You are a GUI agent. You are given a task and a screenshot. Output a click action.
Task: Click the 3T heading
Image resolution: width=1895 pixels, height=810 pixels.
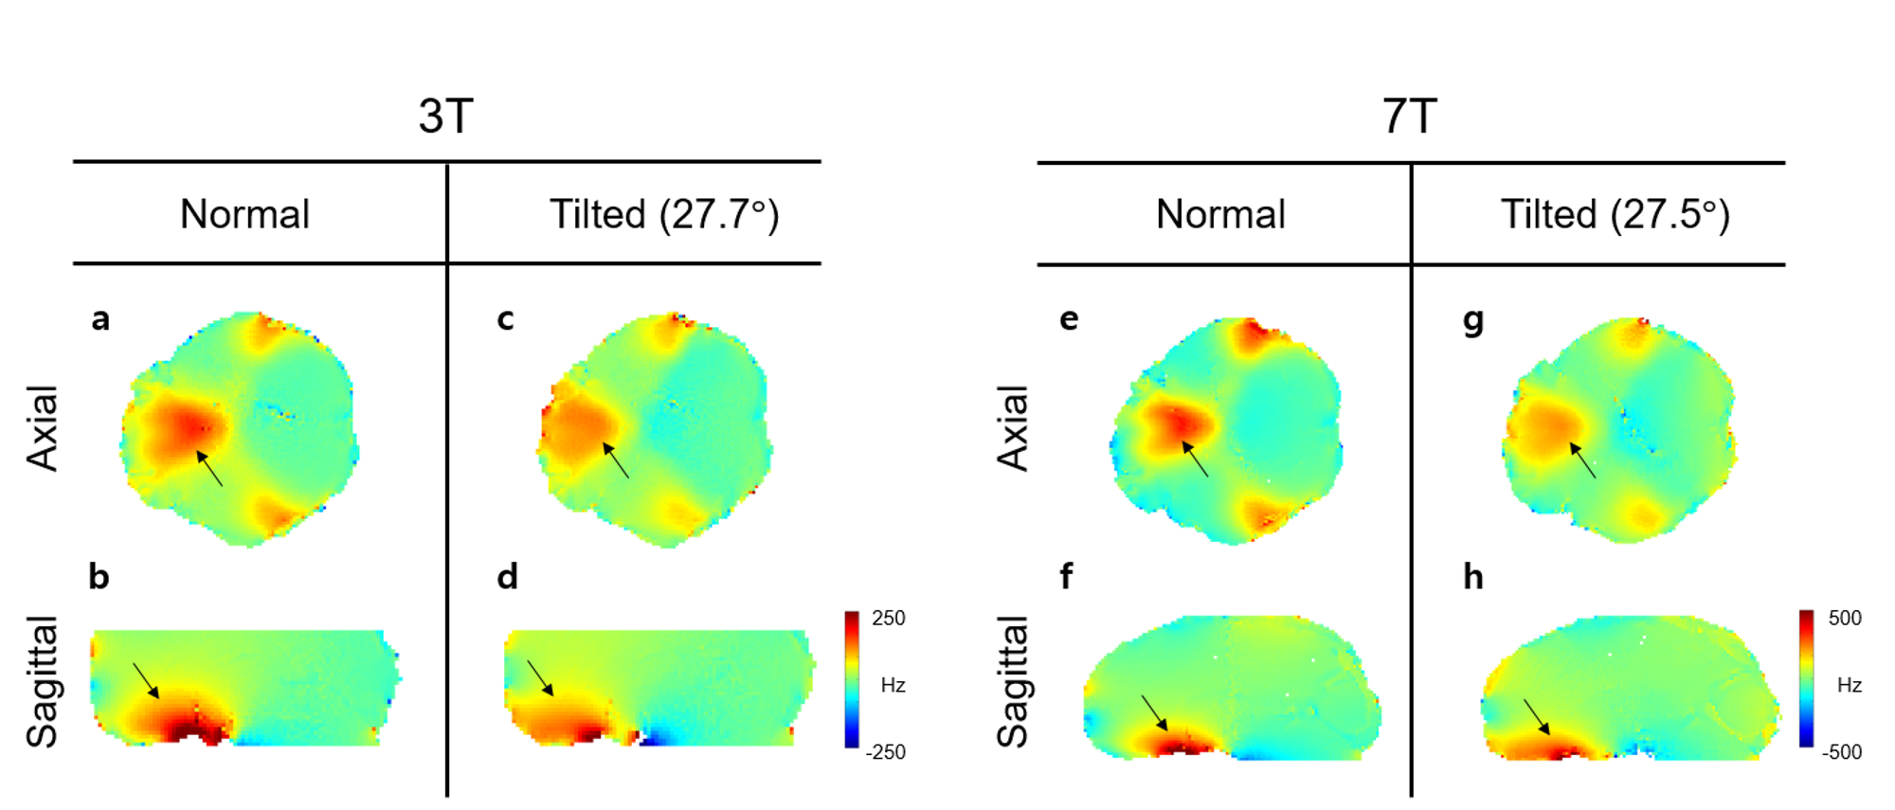point(445,117)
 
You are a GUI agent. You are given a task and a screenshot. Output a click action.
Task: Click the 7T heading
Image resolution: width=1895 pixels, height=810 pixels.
point(1409,117)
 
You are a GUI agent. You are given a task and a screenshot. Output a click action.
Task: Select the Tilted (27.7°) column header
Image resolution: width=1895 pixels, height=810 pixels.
point(664,215)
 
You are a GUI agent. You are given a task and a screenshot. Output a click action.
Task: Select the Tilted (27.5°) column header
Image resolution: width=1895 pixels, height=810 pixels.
point(1615,215)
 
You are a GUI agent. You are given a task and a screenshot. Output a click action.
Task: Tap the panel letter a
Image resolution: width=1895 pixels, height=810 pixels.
point(100,319)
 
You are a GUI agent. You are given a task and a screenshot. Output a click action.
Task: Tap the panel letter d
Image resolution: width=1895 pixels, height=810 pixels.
point(508,577)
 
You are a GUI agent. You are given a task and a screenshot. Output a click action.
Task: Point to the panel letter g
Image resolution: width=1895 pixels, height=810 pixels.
point(1473,322)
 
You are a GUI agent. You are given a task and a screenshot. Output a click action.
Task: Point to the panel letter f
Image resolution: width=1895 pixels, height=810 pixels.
point(1067,577)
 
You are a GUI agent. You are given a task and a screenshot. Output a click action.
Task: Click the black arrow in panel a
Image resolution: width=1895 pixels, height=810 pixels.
point(209,468)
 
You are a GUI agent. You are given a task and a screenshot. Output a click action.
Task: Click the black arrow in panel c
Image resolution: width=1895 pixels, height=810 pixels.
point(616,460)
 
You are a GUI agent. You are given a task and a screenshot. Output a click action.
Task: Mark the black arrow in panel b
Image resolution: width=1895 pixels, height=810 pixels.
point(146,680)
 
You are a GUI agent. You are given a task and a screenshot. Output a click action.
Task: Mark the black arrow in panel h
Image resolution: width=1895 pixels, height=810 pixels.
point(1537,717)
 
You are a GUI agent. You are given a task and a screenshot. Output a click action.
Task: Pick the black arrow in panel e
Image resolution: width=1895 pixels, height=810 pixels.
point(1195,459)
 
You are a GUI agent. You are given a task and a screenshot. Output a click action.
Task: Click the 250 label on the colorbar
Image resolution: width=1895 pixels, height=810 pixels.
point(888,619)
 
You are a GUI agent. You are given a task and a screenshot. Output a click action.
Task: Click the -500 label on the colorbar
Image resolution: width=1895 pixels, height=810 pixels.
point(1842,752)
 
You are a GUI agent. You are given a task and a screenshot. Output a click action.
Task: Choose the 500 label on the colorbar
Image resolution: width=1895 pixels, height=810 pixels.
point(1845,619)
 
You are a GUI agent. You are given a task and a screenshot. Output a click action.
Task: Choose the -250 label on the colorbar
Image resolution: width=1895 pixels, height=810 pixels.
point(885,752)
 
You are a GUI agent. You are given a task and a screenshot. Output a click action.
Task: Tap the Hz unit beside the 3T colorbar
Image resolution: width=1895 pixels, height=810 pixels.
point(893,685)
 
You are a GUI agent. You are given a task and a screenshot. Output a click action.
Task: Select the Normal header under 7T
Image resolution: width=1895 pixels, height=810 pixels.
point(1220,215)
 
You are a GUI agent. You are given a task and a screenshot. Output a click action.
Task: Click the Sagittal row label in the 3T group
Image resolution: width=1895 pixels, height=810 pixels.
point(44,682)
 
